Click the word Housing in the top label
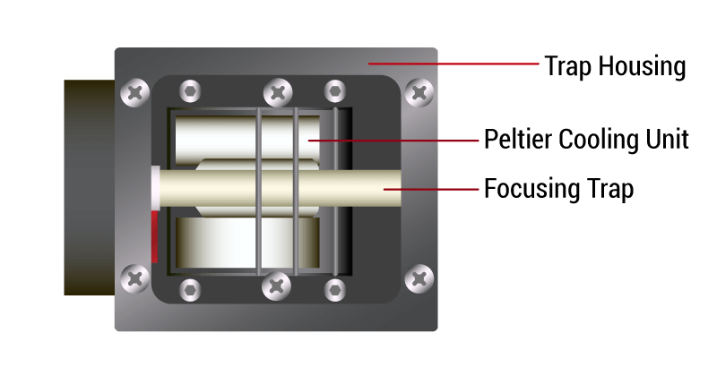click(x=642, y=67)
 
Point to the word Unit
click(x=667, y=139)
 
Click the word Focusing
click(x=525, y=189)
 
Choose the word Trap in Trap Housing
click(x=568, y=67)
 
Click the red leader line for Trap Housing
click(x=454, y=64)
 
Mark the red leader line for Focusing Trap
click(x=431, y=188)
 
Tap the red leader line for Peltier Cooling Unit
click(x=393, y=141)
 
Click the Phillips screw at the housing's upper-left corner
click(x=135, y=93)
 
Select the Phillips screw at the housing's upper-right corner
click(x=419, y=93)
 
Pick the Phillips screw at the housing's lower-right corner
click(x=419, y=278)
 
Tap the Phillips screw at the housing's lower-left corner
click(x=135, y=278)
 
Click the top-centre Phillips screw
click(x=278, y=93)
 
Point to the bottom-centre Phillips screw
click(x=277, y=286)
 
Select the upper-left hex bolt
click(x=190, y=91)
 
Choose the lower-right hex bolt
click(x=335, y=290)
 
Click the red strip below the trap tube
click(x=155, y=236)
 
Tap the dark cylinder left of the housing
click(x=89, y=187)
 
